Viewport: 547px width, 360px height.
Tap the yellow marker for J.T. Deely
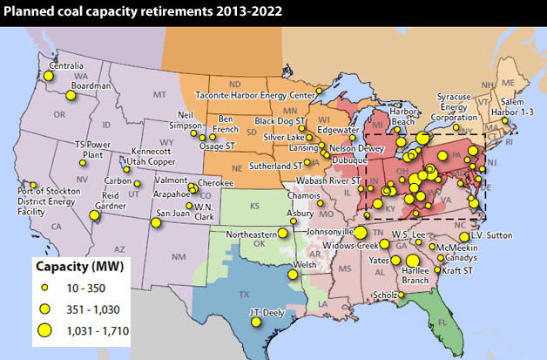[x=256, y=322]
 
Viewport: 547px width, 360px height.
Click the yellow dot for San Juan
[x=156, y=222]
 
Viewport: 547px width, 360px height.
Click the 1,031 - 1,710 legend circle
[x=44, y=329]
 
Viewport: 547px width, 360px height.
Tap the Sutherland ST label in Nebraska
[x=275, y=165]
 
